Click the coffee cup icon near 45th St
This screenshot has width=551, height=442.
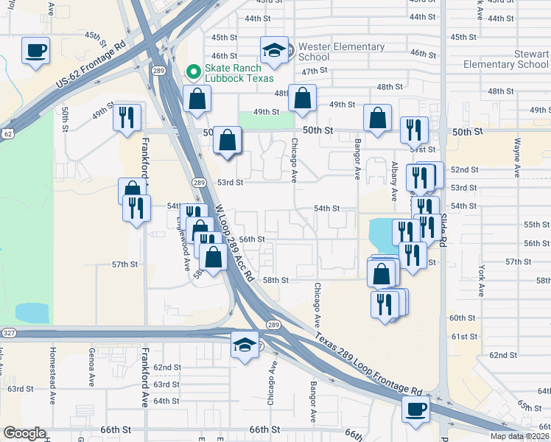click(x=35, y=51)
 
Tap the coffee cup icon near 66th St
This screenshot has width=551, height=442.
click(x=415, y=410)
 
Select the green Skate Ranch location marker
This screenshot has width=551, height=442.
click(x=194, y=71)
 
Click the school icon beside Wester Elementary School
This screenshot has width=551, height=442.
click(x=274, y=51)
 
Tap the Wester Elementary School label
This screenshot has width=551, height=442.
click(x=342, y=52)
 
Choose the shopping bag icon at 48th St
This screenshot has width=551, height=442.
click(x=302, y=98)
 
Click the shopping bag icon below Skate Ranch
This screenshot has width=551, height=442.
click(x=197, y=99)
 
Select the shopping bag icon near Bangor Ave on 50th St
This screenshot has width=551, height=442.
click(x=377, y=118)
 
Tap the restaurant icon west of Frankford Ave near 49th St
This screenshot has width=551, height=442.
click(x=127, y=116)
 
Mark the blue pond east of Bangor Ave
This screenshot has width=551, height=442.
click(x=380, y=233)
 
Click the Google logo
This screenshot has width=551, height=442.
click(x=24, y=433)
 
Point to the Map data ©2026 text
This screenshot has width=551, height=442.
click(x=519, y=436)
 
